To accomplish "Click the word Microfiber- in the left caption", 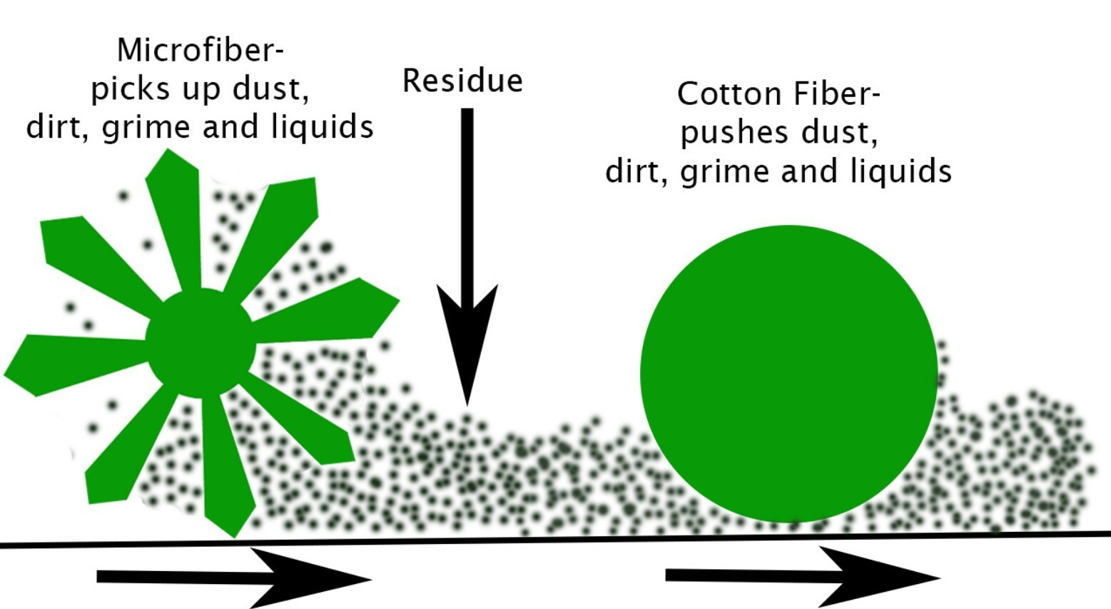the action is [x=201, y=50].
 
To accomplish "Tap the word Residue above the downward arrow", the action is [x=463, y=81].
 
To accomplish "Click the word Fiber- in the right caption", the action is [x=837, y=94].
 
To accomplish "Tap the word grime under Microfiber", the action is [x=146, y=128].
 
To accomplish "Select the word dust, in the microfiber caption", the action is [x=271, y=89].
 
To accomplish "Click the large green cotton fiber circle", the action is [x=788, y=373].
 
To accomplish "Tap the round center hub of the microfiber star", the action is [x=201, y=343].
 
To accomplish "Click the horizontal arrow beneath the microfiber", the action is [x=234, y=578].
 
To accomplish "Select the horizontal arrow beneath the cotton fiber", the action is [x=803, y=576].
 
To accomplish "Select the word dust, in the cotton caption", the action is [x=839, y=133].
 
